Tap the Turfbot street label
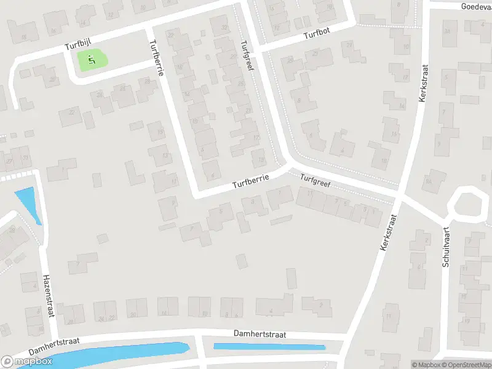coord(317,36)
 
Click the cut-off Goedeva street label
coord(477,6)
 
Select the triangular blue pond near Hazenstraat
coord(28,203)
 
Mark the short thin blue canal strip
coord(269,347)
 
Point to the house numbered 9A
coord(429,180)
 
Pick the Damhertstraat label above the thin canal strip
coord(261,333)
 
